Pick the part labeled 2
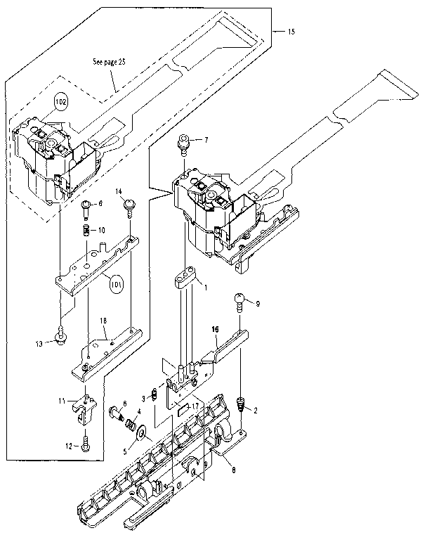coord(241,406)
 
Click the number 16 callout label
coord(216,328)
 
